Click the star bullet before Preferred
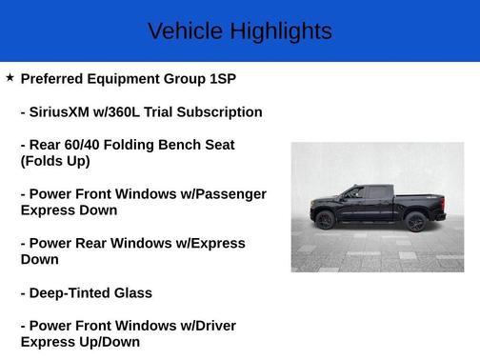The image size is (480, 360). (10, 77)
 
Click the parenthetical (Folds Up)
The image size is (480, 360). (55, 161)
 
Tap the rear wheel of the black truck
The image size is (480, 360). (415, 222)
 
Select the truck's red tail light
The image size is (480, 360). (444, 203)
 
